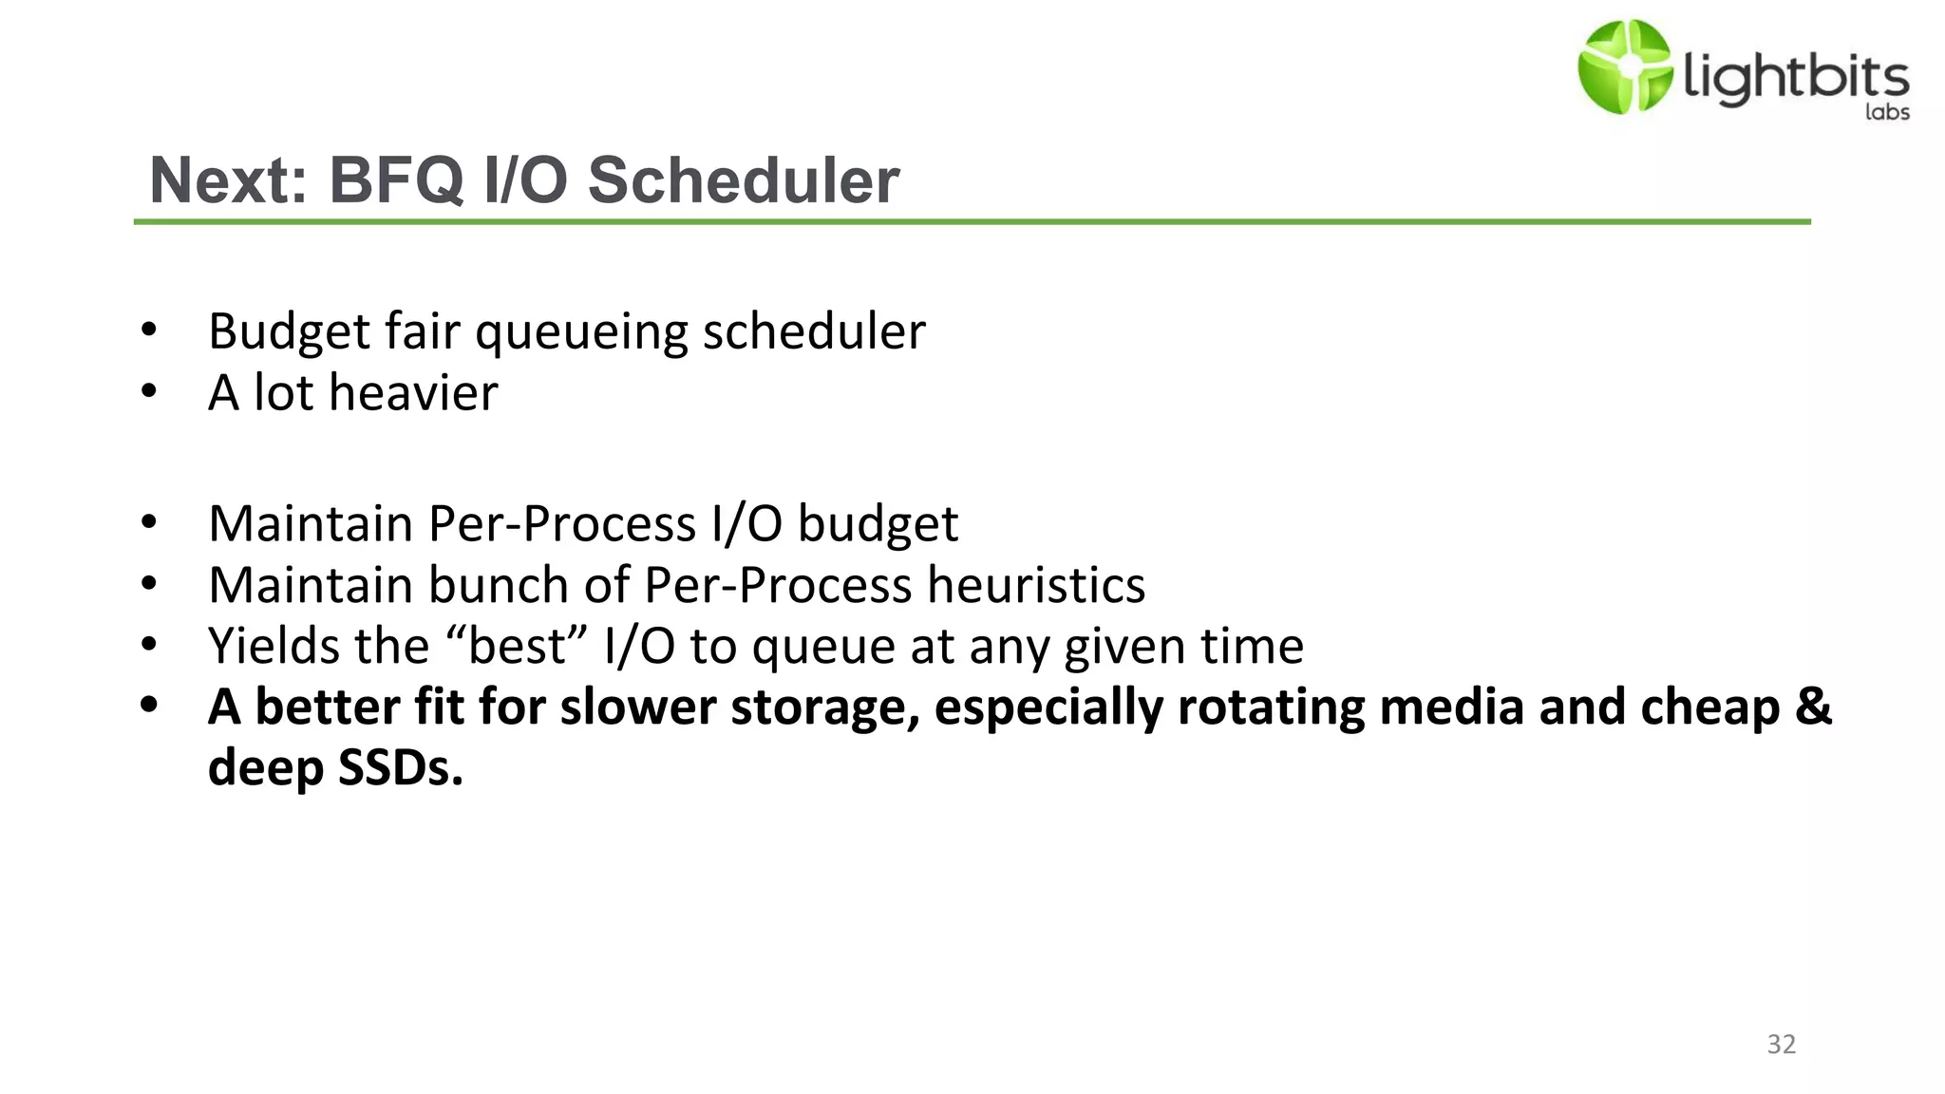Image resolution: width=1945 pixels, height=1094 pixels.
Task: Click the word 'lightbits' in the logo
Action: [x=1795, y=77]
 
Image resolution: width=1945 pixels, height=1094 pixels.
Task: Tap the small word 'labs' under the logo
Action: [x=1886, y=112]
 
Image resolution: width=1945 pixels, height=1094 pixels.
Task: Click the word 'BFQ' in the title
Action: [x=396, y=179]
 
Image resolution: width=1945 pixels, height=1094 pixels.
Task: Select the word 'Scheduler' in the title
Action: [x=743, y=179]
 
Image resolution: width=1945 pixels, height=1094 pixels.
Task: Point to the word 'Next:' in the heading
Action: [x=229, y=179]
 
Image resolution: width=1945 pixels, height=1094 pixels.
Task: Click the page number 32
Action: [x=1781, y=1044]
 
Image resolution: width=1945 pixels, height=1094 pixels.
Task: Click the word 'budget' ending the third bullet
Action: [x=878, y=524]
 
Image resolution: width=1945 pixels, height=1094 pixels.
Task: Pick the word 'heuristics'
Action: [x=1036, y=584]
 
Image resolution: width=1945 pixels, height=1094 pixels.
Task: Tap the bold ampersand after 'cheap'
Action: [x=1813, y=707]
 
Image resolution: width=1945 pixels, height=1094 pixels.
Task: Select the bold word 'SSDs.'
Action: [x=400, y=767]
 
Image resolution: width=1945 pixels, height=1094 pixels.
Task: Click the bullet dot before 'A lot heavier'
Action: [x=148, y=390]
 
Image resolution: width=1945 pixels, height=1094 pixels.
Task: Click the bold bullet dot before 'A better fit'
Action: [x=148, y=706]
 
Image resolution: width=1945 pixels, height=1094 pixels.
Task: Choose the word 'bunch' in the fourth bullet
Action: [x=498, y=584]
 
